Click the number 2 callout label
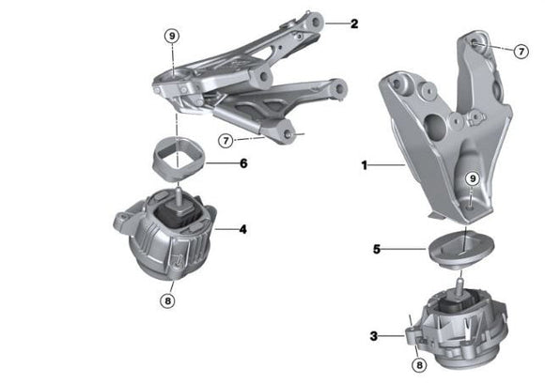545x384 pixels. point(353,23)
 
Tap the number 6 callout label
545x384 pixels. point(242,163)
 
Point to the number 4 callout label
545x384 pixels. point(242,227)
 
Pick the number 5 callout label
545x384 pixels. point(376,250)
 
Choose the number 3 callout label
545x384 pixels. point(374,334)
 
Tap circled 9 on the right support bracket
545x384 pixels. point(473,178)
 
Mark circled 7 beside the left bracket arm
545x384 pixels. point(226,141)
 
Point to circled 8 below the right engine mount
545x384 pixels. point(420,366)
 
